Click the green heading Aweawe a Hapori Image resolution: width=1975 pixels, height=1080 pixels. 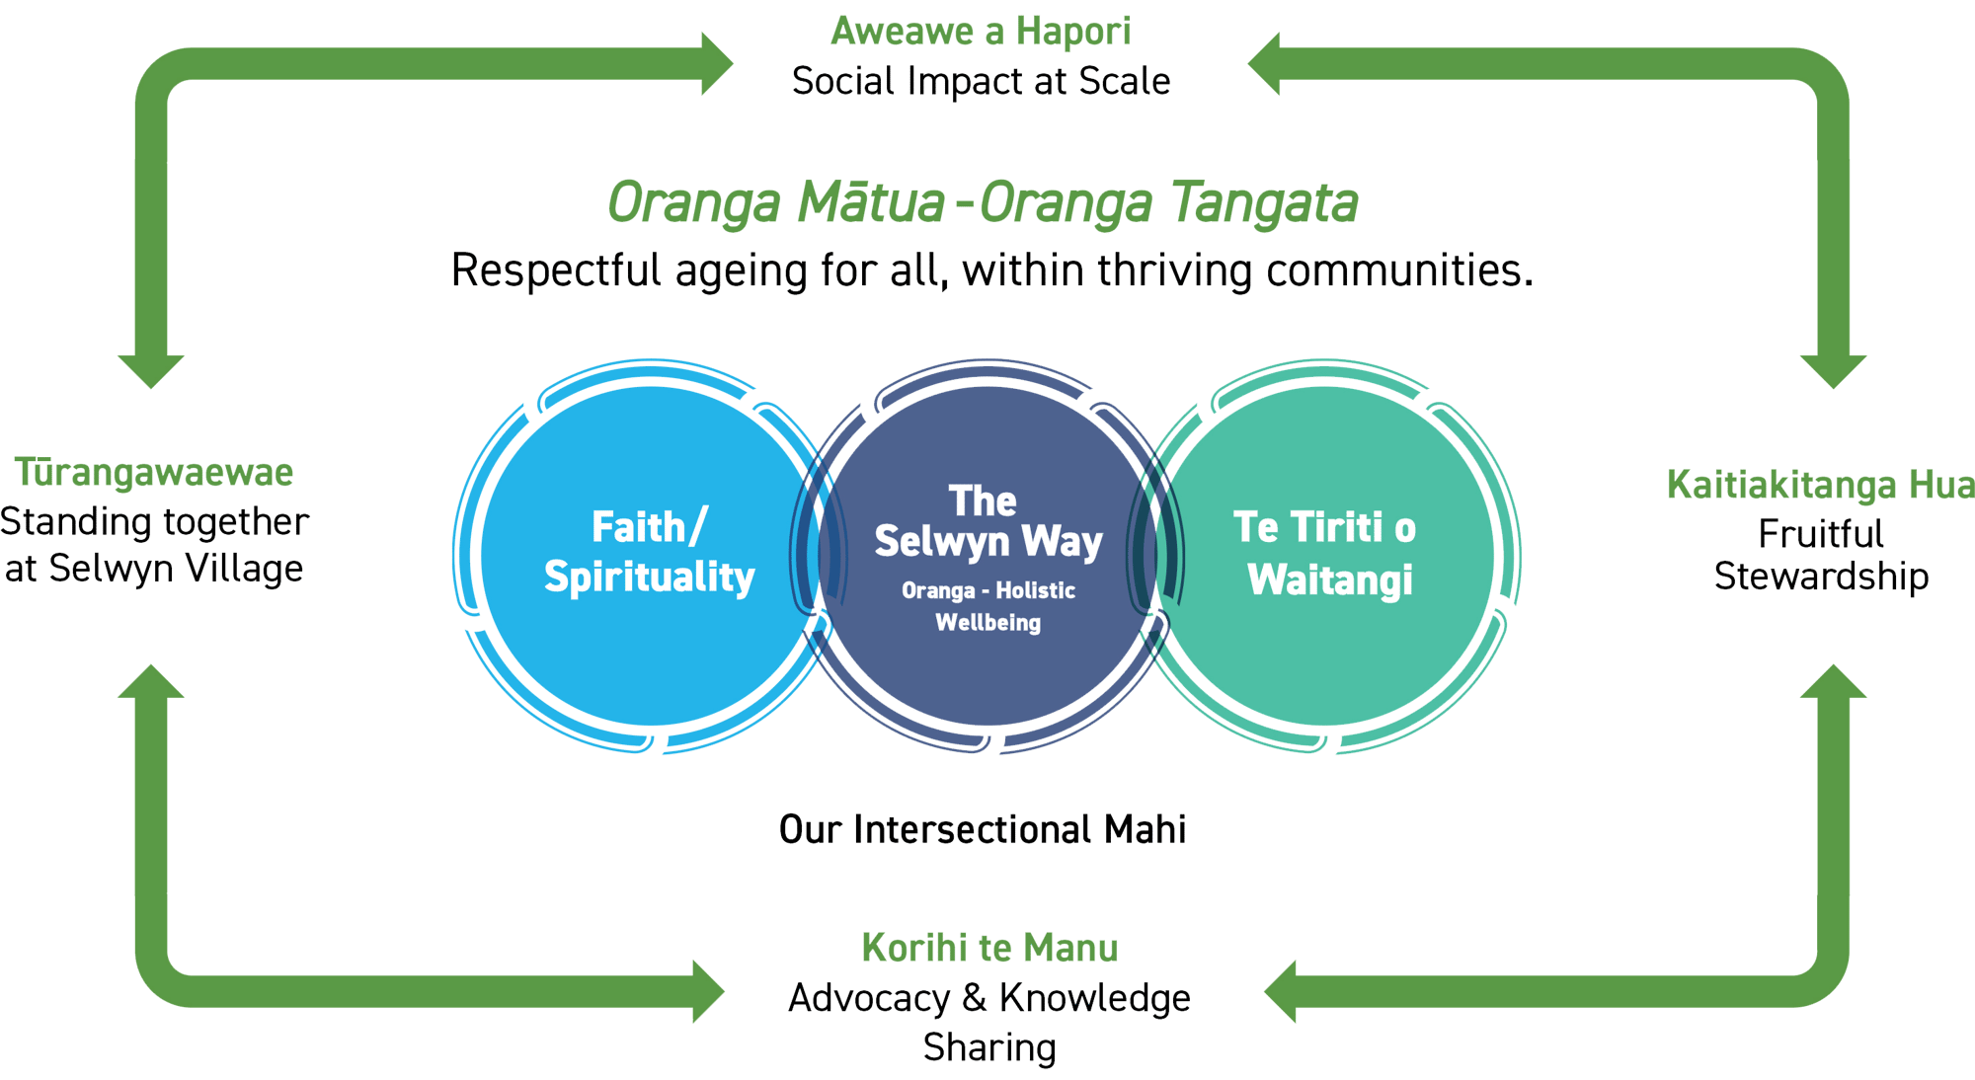(980, 32)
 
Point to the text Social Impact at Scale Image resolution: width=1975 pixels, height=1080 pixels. (981, 81)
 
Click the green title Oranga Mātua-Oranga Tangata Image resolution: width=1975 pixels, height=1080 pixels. (983, 203)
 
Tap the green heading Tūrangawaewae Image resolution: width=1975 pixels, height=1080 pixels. (155, 473)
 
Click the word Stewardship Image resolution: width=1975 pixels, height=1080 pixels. (1821, 577)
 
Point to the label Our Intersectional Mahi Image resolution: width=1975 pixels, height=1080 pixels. (982, 829)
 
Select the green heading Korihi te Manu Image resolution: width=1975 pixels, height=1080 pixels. (989, 948)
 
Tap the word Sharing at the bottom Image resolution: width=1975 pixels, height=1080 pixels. (989, 1047)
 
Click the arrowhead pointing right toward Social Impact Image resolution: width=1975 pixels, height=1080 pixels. (715, 64)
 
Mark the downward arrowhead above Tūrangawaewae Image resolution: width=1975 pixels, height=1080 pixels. (151, 370)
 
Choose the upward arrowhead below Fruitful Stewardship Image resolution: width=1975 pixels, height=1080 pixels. (1834, 682)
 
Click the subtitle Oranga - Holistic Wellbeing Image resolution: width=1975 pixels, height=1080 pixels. (987, 606)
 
